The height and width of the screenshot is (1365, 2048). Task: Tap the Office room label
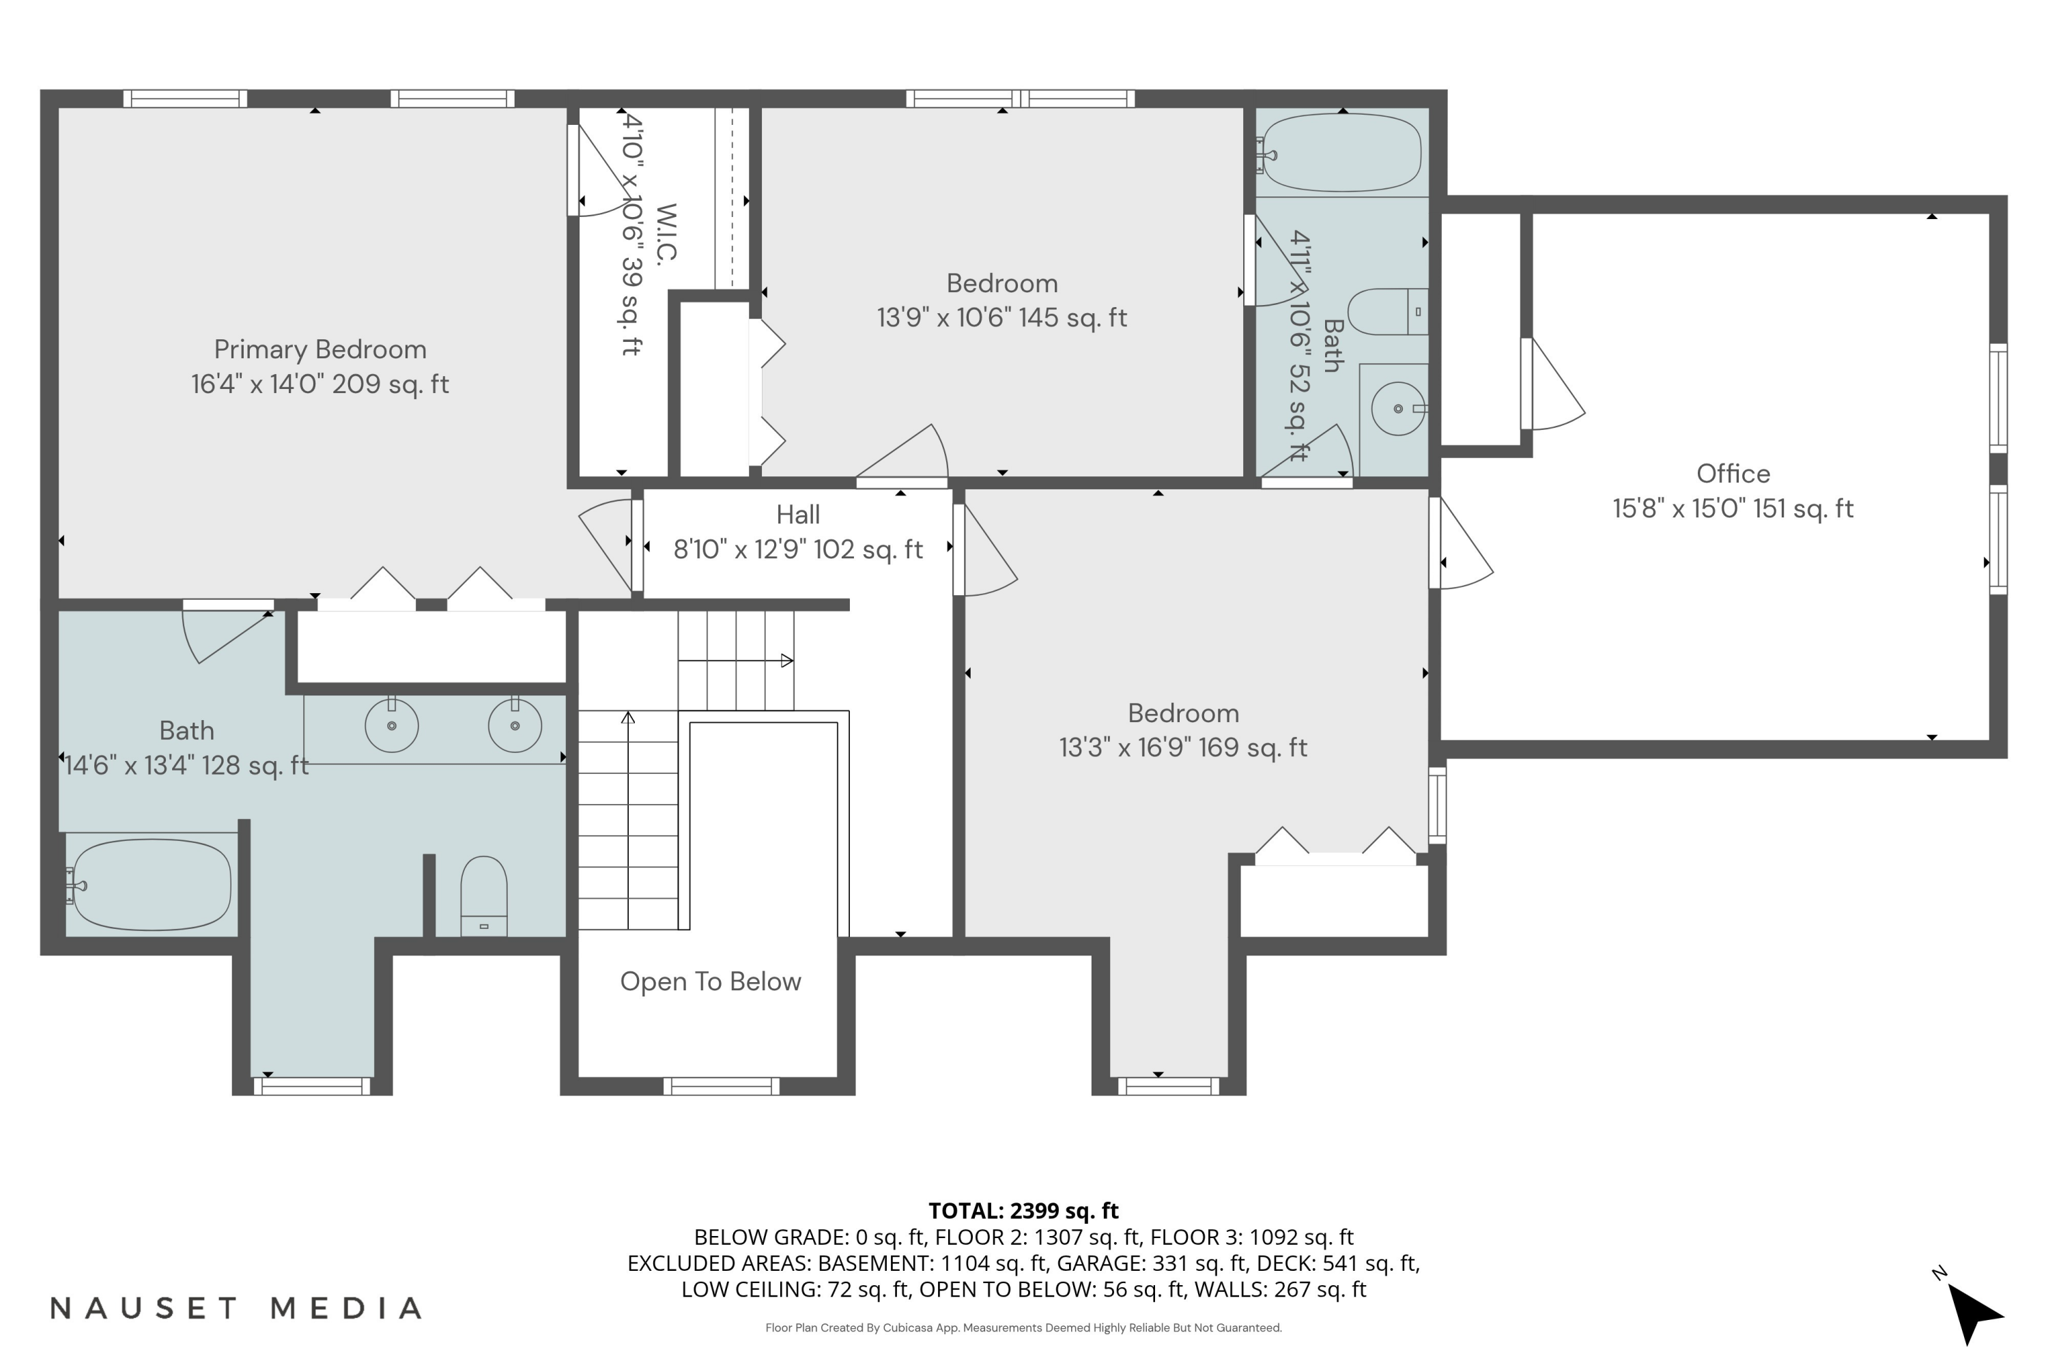1732,474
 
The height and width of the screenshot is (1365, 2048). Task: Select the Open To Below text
710,981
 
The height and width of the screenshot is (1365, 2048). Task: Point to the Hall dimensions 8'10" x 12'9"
797,549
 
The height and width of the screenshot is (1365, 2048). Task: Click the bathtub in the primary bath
152,885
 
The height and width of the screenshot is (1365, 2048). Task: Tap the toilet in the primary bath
483,895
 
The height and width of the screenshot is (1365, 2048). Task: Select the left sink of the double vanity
391,725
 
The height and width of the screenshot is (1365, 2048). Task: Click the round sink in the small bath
1397,408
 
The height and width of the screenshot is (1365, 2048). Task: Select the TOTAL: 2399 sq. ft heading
1023,1210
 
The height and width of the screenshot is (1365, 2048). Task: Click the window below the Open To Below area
721,1086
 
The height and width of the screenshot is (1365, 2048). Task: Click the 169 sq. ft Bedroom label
1182,713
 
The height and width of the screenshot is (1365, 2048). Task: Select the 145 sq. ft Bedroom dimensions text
1001,318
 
